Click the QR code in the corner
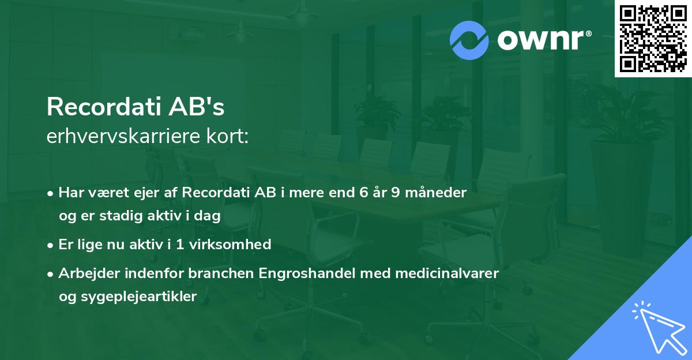click(x=653, y=39)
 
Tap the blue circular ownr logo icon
click(x=469, y=40)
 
